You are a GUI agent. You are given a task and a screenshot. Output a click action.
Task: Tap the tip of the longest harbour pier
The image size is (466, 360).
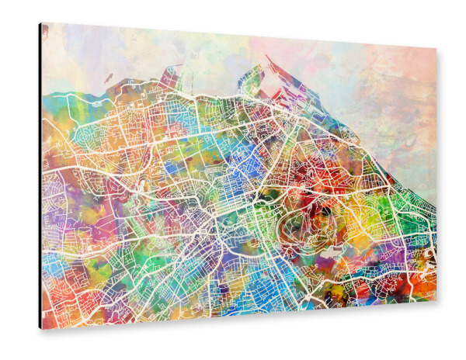[267, 56]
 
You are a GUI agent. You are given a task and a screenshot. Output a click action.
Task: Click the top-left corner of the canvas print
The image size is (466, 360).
[43, 24]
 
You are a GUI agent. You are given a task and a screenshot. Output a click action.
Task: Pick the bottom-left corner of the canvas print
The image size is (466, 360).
[43, 328]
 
